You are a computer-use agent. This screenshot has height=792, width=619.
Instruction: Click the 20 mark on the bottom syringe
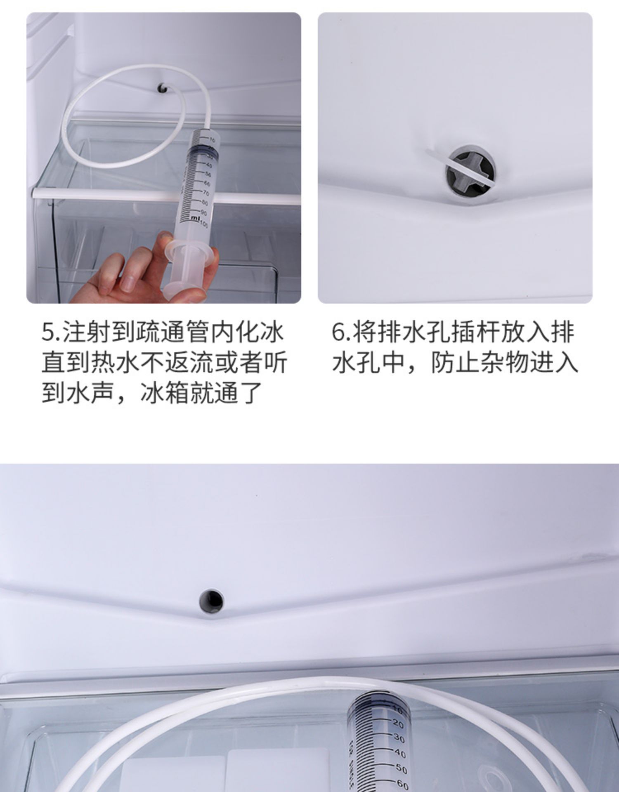click(398, 723)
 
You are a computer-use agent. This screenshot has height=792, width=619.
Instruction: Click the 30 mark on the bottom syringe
click(399, 738)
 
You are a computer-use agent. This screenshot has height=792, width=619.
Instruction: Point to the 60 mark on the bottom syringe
click(402, 784)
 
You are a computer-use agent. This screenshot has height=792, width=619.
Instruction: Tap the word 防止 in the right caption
click(456, 363)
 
